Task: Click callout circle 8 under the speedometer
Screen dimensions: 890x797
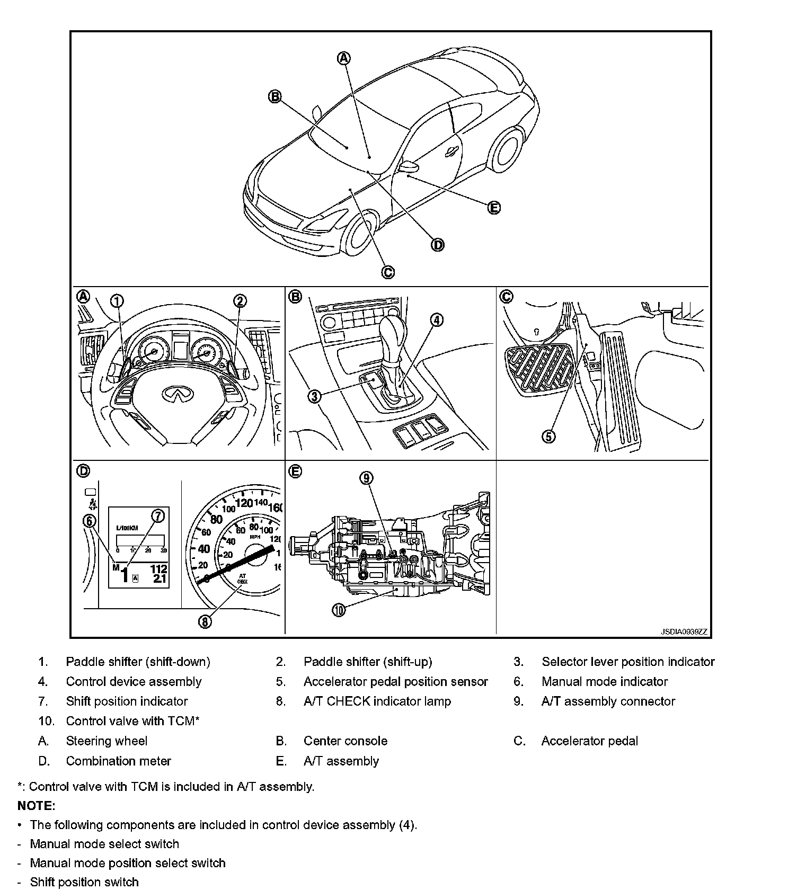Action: point(205,621)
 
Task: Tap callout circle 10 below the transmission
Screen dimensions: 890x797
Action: point(339,610)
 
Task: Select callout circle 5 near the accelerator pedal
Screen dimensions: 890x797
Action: point(548,436)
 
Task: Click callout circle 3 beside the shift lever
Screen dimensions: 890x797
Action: point(315,396)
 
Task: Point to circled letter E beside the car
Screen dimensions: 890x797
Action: point(493,208)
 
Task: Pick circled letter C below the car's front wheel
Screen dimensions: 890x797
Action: point(387,272)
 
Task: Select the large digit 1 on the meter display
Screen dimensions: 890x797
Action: point(125,574)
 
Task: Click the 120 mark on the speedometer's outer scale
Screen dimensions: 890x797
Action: point(244,502)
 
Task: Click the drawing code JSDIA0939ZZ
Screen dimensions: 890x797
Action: point(683,631)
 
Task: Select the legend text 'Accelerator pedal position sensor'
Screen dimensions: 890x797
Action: point(395,681)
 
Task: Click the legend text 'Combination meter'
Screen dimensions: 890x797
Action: point(118,761)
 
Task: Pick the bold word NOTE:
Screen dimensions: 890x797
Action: point(37,805)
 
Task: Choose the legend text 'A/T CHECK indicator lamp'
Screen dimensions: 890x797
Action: point(377,701)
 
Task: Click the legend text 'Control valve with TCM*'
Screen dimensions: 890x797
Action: point(132,721)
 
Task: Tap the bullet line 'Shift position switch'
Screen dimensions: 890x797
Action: point(84,882)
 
